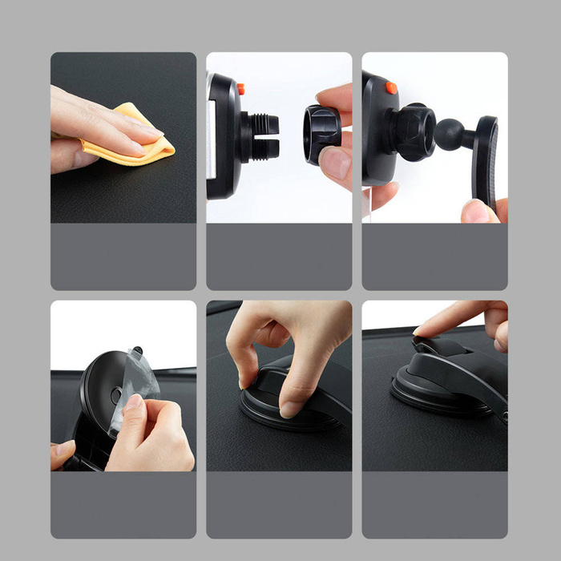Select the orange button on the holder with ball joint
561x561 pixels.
click(x=390, y=87)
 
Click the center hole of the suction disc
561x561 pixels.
click(x=117, y=394)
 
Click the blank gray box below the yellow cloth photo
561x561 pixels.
click(x=123, y=256)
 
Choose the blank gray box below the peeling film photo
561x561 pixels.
click(x=123, y=505)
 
